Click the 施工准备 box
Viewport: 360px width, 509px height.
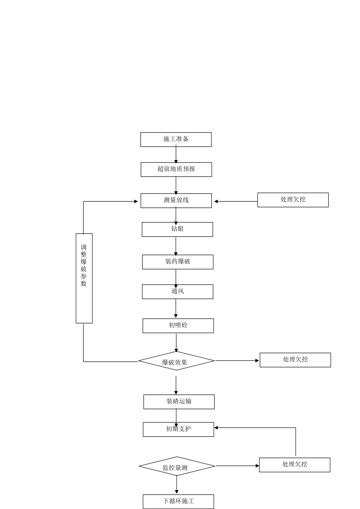(176, 139)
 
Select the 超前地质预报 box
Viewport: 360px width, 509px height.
(176, 169)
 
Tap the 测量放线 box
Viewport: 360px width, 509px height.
(176, 200)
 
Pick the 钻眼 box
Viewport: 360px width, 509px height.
(177, 229)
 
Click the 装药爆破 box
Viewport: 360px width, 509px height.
(178, 262)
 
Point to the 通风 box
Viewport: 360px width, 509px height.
(178, 292)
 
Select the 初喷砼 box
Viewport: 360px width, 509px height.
(178, 326)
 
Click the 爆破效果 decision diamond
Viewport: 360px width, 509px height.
(176, 361)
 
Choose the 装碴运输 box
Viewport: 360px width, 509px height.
(179, 402)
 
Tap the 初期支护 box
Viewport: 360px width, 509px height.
(178, 429)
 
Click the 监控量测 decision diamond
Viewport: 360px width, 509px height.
(177, 467)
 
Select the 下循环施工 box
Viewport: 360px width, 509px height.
(178, 501)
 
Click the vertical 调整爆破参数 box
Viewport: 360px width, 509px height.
(84, 278)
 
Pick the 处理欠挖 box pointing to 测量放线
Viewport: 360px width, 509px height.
(293, 200)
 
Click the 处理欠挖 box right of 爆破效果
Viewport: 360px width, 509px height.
(295, 360)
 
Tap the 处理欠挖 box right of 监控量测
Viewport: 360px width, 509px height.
(294, 465)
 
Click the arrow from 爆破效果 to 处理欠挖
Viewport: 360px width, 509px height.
(237, 361)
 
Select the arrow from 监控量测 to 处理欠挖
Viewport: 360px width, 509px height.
(237, 466)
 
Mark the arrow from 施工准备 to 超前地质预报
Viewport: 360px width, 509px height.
(176, 155)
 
